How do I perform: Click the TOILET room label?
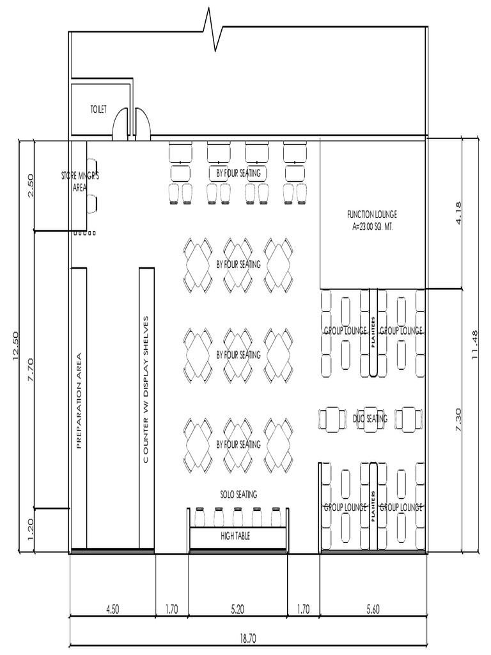click(x=98, y=110)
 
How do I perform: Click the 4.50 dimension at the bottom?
click(x=112, y=610)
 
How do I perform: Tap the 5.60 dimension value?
click(x=373, y=610)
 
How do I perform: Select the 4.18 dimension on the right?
click(x=476, y=212)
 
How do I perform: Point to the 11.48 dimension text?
click(x=476, y=345)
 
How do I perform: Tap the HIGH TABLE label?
click(x=235, y=536)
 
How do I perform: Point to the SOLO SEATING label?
click(x=238, y=494)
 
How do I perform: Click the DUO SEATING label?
click(x=370, y=419)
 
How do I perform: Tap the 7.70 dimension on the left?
click(x=31, y=370)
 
